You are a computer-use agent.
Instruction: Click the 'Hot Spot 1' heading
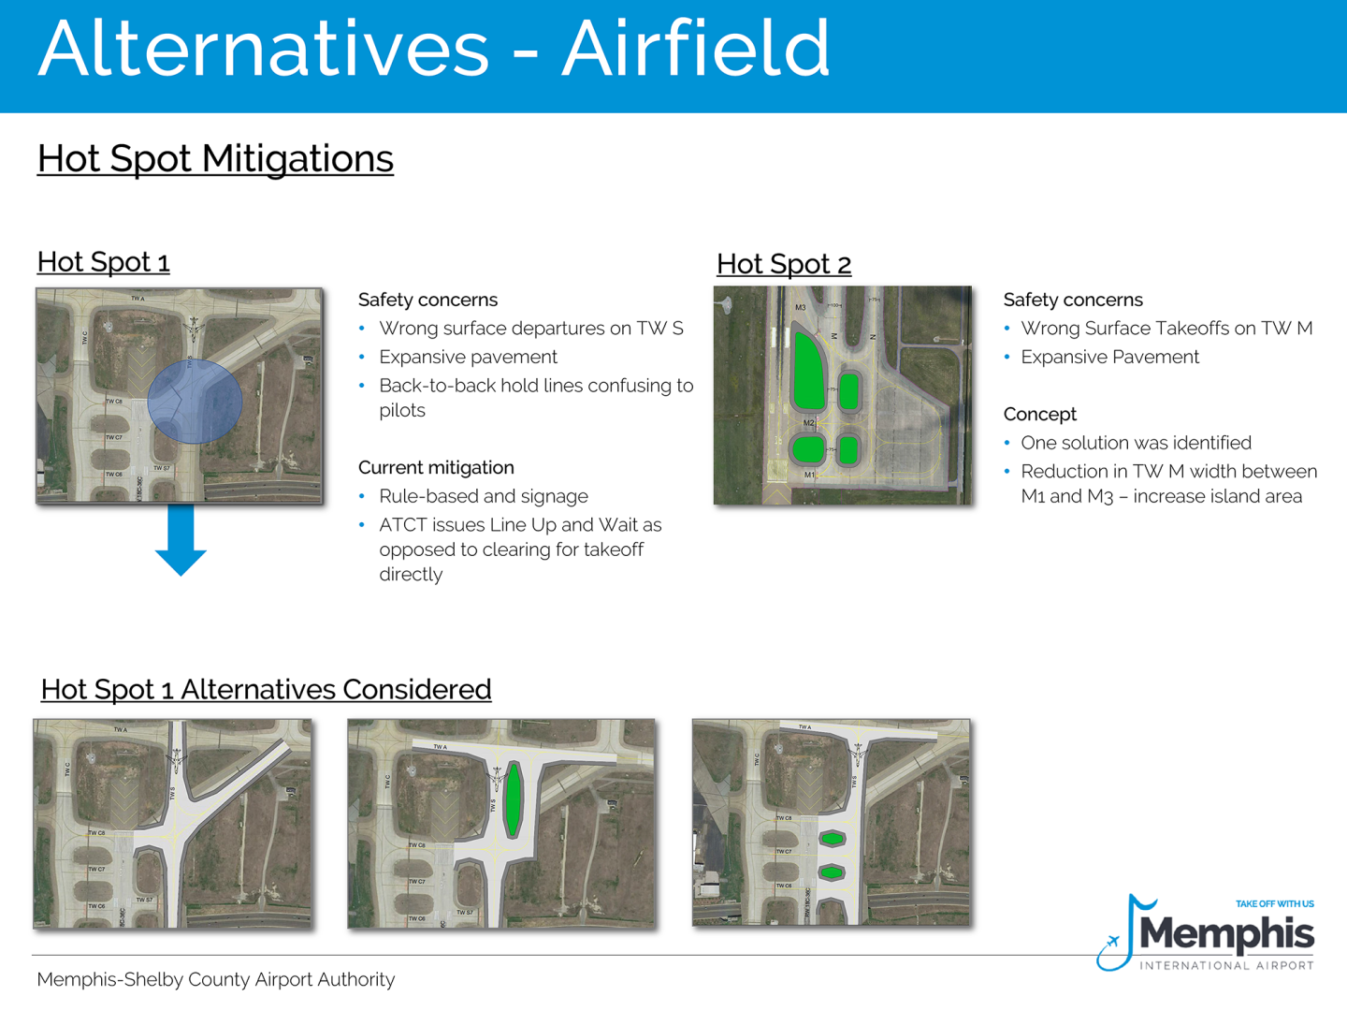tap(103, 262)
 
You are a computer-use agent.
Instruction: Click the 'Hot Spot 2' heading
tap(784, 265)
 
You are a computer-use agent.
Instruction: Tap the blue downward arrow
tap(181, 541)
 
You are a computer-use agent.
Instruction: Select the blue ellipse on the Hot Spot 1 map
tap(195, 402)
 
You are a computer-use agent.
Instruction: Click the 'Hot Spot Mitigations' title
tap(215, 159)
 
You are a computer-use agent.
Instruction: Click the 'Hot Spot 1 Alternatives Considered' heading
tap(266, 690)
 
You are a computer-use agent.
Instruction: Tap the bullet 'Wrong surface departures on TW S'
tap(530, 329)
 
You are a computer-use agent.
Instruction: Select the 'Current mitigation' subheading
tap(436, 467)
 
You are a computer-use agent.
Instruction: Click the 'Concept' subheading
tap(1039, 414)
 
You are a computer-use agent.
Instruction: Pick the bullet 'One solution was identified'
tap(1136, 443)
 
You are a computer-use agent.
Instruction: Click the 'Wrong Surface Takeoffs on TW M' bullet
tap(1166, 329)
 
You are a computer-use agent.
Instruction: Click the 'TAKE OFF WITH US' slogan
tap(1274, 903)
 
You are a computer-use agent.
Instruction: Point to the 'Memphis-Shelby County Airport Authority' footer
tap(216, 979)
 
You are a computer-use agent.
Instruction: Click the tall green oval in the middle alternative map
tap(513, 801)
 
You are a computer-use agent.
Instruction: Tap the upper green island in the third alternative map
tap(832, 839)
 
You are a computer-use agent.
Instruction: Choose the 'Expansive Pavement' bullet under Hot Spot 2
tap(1109, 358)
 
